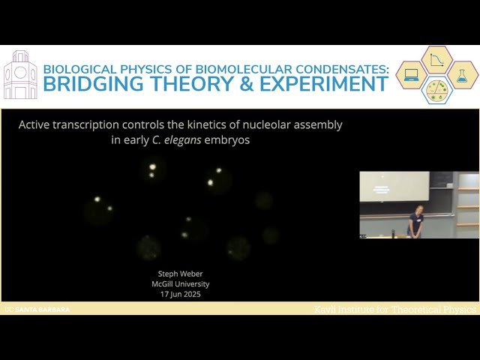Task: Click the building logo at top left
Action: point(20,75)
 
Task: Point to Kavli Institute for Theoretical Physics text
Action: point(394,309)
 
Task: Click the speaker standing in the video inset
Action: point(415,221)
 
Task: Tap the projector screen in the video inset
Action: point(394,187)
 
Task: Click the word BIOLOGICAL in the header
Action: point(81,68)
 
